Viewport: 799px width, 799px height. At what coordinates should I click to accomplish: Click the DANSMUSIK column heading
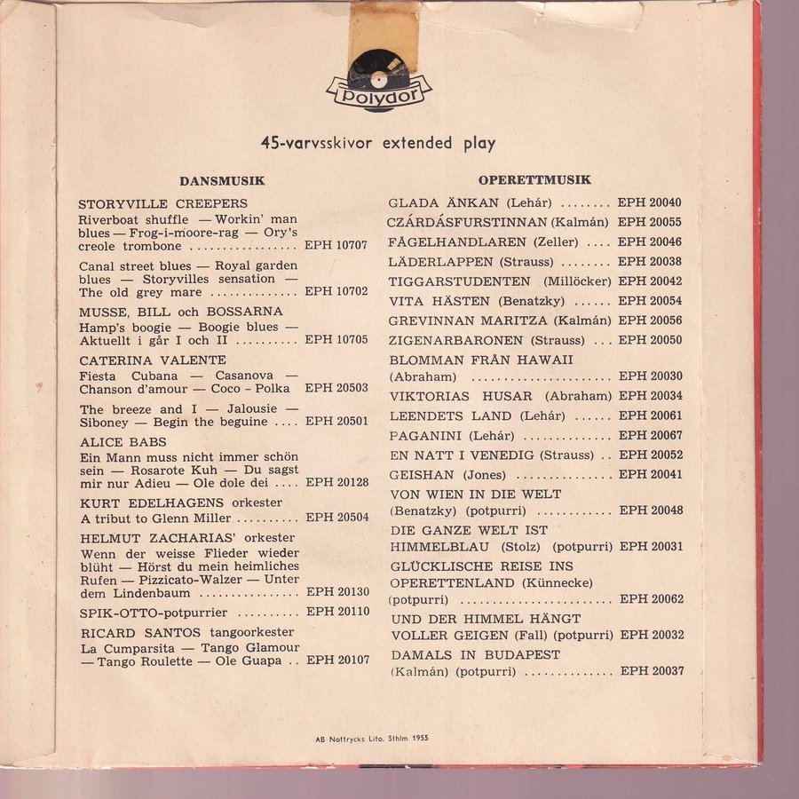(x=222, y=181)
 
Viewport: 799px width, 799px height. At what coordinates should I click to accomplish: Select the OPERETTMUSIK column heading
(x=534, y=180)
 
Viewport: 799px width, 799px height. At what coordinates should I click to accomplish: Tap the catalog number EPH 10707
(x=336, y=246)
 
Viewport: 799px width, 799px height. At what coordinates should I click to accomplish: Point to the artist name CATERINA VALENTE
(x=152, y=360)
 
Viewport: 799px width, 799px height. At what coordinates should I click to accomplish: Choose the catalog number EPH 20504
(x=336, y=518)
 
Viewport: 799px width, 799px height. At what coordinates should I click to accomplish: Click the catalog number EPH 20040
(x=650, y=203)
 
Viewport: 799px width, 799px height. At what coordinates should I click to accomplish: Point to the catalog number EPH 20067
(x=651, y=435)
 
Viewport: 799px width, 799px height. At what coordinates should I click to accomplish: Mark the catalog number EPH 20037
(x=652, y=671)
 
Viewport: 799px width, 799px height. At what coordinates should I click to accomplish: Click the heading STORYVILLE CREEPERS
(x=162, y=204)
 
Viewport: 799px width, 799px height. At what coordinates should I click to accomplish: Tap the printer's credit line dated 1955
(x=376, y=739)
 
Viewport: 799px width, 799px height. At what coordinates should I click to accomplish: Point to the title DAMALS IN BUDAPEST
(x=474, y=654)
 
